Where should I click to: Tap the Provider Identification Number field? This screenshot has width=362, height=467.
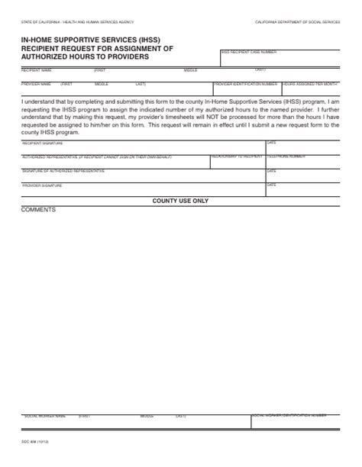click(x=246, y=89)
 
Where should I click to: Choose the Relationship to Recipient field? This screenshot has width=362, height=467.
click(x=237, y=160)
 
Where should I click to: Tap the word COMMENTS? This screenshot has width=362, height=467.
click(x=38, y=208)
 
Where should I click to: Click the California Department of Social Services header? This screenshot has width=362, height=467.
click(x=298, y=24)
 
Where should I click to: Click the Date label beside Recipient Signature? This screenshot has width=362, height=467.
click(x=271, y=142)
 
